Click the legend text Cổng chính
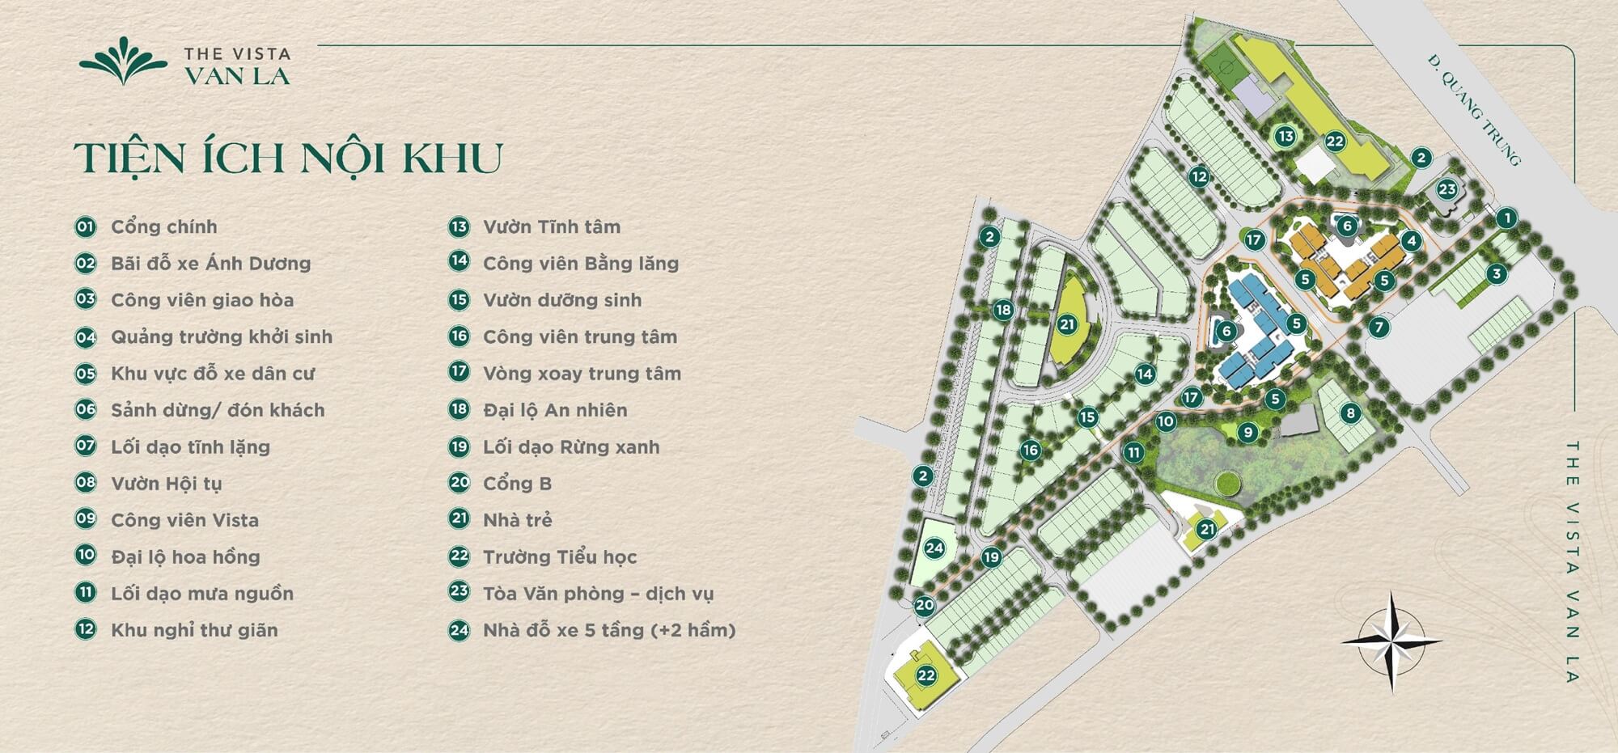(163, 226)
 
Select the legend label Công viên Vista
(184, 520)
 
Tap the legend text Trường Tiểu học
(560, 556)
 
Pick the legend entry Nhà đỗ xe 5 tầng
(609, 630)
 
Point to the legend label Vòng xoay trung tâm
(582, 373)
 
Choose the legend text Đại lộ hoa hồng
(185, 556)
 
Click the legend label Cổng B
(517, 483)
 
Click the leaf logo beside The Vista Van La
(123, 61)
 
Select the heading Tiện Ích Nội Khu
(288, 158)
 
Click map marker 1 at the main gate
(1506, 218)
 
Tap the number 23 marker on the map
(1446, 190)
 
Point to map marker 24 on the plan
(934, 548)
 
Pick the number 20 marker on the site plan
(924, 605)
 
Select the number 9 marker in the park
(1248, 433)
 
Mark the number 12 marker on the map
(1199, 176)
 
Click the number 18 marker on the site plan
(1003, 310)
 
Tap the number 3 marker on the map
(1497, 274)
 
